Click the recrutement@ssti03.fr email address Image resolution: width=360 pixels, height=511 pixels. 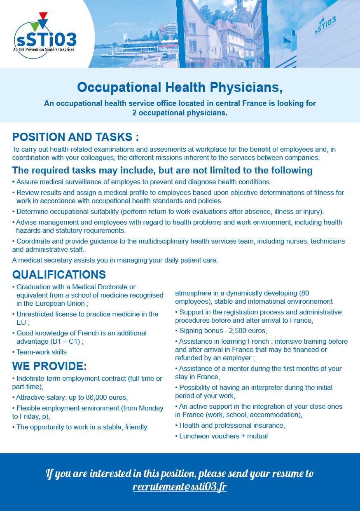coord(180,487)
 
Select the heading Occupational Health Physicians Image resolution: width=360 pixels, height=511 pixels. coord(180,87)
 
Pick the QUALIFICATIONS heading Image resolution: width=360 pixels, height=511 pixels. coord(59,275)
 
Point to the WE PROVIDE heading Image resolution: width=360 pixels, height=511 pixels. coord(49,366)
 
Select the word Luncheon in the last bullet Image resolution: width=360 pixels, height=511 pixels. coord(193,436)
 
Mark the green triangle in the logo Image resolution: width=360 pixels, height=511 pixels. coord(35,26)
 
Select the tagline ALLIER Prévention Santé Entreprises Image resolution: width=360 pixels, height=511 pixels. coord(47,49)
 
